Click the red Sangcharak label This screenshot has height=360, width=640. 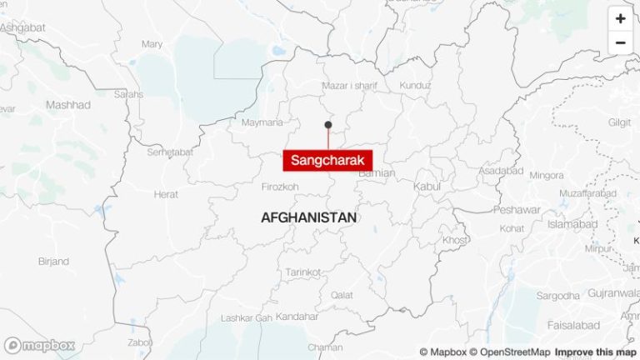coord(327,161)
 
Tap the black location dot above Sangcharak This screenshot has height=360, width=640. coord(328,125)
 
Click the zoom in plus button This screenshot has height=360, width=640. coord(620,18)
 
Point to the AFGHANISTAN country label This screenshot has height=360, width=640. coord(308,217)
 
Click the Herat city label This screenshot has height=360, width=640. coord(166,194)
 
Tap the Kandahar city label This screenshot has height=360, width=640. coord(296,317)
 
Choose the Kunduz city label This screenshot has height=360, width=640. coord(415,86)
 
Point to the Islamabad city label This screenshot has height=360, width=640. coord(572,224)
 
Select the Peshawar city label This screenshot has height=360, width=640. coord(517,210)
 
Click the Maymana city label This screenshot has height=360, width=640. coord(262,122)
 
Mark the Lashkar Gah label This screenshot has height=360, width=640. coord(247,318)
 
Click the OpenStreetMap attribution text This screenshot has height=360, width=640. coord(509,352)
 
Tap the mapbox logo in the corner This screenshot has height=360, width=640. coord(40,345)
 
